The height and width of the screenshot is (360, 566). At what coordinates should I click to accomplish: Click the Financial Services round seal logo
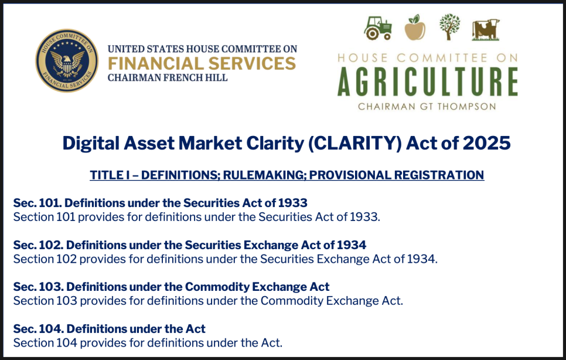pos(67,60)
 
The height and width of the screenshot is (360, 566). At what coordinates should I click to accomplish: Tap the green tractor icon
pos(378,28)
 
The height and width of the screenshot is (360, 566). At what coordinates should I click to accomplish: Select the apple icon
pos(415,28)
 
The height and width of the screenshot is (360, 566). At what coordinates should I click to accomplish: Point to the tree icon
pos(449,27)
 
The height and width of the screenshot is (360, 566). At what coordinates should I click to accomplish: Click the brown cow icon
pos(486,29)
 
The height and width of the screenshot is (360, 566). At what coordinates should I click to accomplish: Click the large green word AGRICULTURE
pos(428,81)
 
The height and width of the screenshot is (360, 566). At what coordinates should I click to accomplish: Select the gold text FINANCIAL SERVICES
pos(202,63)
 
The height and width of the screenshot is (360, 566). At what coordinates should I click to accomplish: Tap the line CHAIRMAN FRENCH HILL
pos(168,77)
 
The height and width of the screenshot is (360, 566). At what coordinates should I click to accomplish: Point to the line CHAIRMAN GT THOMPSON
pos(427,107)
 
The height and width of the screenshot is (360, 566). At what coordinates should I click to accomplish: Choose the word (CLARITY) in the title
pos(354,143)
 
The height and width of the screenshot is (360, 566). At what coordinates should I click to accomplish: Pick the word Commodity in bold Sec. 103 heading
pos(217,287)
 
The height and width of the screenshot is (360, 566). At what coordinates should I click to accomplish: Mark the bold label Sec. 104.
pos(38,329)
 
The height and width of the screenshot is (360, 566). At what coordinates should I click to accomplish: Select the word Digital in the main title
pos(91,143)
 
